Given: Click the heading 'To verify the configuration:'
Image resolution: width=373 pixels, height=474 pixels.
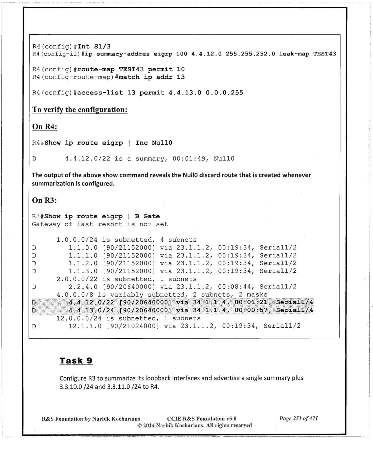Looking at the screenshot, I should click(80, 110).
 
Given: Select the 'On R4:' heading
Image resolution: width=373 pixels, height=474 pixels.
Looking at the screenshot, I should click(45, 127).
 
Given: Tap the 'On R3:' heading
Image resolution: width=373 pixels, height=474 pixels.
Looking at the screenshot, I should click(44, 200).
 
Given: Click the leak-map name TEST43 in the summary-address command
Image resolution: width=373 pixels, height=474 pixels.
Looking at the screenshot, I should click(324, 54).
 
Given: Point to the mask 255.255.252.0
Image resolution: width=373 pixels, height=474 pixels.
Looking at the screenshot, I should click(250, 54).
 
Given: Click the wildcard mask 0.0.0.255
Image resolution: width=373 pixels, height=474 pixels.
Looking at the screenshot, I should click(224, 93).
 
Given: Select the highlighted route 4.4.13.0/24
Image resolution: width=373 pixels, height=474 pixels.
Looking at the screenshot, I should click(91, 310).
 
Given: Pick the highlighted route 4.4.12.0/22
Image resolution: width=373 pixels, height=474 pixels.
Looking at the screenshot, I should click(91, 302).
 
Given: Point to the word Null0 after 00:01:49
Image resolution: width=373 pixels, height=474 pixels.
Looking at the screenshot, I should click(224, 158).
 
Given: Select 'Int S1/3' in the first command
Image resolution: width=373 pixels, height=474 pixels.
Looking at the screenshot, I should click(94, 46).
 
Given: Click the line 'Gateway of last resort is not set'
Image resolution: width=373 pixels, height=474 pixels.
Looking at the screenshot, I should click(100, 224).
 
